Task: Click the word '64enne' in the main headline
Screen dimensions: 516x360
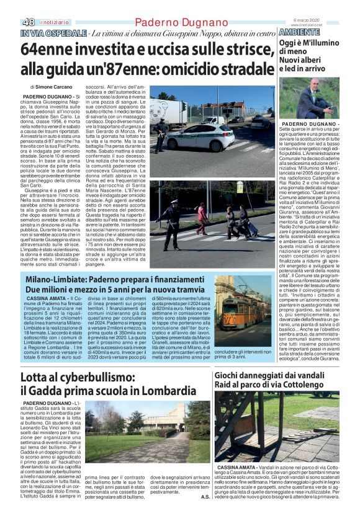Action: pos(47,49)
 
